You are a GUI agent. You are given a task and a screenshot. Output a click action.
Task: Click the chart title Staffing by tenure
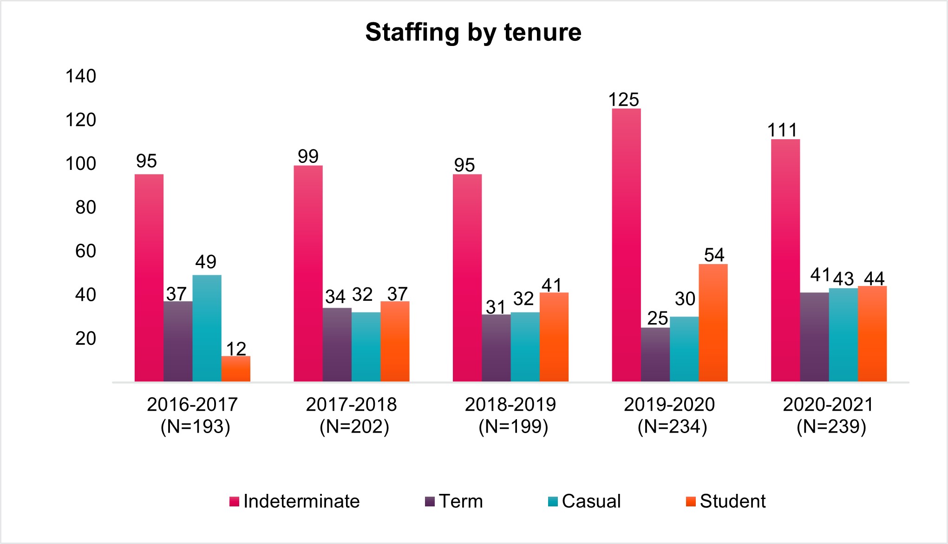(473, 32)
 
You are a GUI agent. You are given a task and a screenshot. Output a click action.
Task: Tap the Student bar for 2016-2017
(236, 369)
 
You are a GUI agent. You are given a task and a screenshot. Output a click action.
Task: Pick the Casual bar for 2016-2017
(207, 328)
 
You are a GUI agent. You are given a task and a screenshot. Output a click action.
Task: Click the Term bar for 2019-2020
(655, 355)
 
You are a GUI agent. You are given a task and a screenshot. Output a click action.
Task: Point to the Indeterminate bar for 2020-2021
(785, 260)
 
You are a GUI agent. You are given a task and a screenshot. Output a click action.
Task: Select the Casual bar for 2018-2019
(525, 347)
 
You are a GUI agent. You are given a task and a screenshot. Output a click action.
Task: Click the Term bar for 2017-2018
(337, 344)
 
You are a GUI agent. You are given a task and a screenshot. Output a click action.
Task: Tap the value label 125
(623, 100)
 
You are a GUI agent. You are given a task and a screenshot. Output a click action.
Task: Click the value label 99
(308, 156)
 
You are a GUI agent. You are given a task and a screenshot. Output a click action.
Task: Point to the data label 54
(714, 255)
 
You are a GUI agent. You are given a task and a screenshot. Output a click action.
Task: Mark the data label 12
(236, 349)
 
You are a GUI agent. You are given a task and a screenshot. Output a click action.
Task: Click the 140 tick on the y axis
(81, 76)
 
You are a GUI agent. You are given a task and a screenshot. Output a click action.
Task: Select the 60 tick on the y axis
(85, 251)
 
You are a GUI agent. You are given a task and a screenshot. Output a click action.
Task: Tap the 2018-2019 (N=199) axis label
(510, 415)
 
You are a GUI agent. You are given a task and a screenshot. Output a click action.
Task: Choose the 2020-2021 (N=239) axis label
(829, 415)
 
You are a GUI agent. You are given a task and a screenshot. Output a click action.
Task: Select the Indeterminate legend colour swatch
(235, 502)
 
